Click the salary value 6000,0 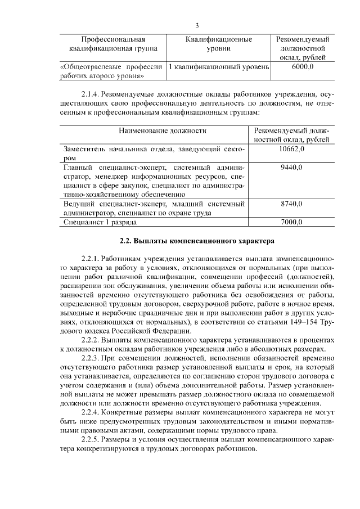pyautogui.click(x=303, y=67)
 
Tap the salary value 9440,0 pyautogui.click(x=291, y=168)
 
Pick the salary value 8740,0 pyautogui.click(x=291, y=204)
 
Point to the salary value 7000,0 pyautogui.click(x=291, y=222)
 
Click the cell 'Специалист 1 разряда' pyautogui.click(x=100, y=222)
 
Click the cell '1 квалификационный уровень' pyautogui.click(x=218, y=67)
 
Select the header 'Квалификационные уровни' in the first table pyautogui.click(x=218, y=44)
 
